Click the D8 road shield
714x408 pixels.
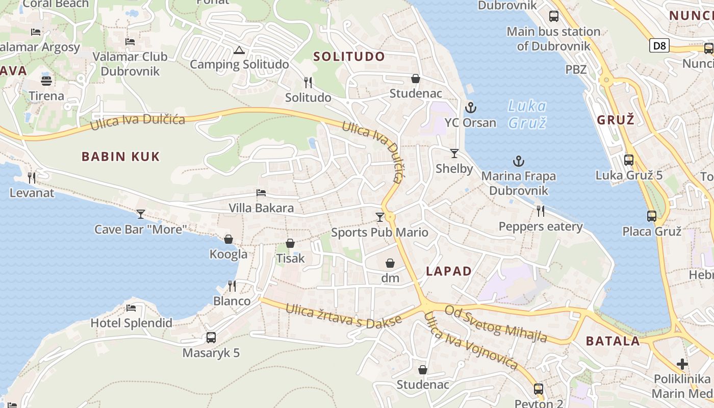click(659, 46)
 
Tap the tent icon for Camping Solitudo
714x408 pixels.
click(239, 50)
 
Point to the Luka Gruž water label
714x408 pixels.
click(527, 114)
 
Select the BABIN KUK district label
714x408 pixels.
click(121, 157)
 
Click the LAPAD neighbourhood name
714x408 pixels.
click(449, 271)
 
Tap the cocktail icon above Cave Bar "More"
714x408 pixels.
click(141, 214)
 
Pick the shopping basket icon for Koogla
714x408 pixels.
click(228, 239)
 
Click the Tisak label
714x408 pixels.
click(290, 258)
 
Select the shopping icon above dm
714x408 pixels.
click(390, 263)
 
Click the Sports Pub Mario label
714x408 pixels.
click(379, 233)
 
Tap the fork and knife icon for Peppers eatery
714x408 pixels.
click(541, 211)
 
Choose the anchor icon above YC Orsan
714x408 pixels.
click(470, 108)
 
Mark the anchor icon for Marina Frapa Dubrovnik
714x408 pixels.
click(518, 162)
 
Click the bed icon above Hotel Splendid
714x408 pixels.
click(131, 308)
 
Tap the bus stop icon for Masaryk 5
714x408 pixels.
click(211, 337)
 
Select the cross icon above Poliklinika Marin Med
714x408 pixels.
click(682, 364)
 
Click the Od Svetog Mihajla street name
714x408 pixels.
click(496, 324)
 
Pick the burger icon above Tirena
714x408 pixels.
click(46, 81)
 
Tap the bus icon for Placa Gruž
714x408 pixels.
click(652, 216)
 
